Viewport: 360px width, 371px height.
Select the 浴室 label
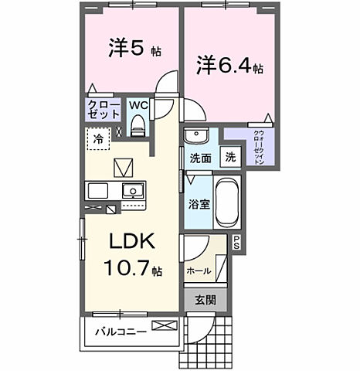[199, 204]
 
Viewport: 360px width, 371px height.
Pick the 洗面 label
[200, 158]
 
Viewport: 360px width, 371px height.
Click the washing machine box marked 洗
[230, 157]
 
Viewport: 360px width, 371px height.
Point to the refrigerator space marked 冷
[99, 139]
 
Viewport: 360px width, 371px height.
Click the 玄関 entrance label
[205, 299]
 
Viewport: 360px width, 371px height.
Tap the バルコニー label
[116, 332]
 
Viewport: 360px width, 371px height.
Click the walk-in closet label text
[257, 145]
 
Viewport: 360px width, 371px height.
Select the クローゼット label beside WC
[102, 109]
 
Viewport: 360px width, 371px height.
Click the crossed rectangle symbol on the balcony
[164, 327]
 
